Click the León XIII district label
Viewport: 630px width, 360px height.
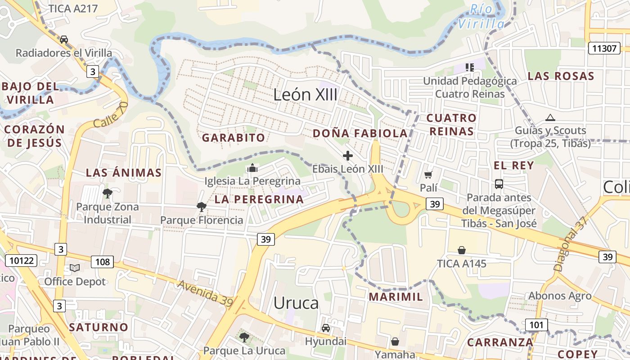[x=306, y=94]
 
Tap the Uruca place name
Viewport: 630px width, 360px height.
[x=296, y=303]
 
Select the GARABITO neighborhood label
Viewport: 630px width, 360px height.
[x=233, y=138]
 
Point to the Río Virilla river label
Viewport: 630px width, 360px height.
[x=481, y=16]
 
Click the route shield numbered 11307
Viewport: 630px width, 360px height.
[x=604, y=48]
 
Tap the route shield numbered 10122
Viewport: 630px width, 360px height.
[x=21, y=260]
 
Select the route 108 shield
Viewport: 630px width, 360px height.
[x=102, y=261]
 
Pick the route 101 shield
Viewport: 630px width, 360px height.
[x=536, y=325]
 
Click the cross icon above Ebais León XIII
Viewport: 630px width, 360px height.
[x=348, y=156]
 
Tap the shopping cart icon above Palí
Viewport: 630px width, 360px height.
[x=428, y=175]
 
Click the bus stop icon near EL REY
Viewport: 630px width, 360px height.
[x=499, y=184]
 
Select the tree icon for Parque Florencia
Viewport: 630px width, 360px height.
[x=201, y=207]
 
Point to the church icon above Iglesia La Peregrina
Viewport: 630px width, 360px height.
[x=252, y=168]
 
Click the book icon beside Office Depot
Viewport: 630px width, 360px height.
[x=75, y=268]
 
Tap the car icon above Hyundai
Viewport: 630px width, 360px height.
[x=326, y=328]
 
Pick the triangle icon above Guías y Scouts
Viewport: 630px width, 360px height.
[x=550, y=118]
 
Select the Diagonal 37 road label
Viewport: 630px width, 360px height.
[x=571, y=243]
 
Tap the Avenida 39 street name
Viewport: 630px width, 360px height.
[x=205, y=293]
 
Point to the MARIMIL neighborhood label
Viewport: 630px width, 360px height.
[x=396, y=297]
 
